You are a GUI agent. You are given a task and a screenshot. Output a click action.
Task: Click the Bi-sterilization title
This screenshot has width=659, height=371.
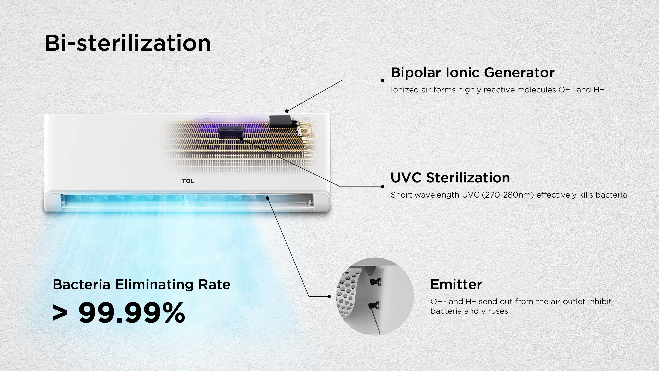click(127, 43)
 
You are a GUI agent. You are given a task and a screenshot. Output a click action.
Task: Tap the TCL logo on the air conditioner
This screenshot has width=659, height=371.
click(188, 181)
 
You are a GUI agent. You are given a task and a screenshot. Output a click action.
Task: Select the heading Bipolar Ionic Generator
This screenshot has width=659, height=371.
click(472, 72)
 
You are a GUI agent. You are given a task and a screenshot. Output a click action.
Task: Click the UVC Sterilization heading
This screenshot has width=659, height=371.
click(450, 178)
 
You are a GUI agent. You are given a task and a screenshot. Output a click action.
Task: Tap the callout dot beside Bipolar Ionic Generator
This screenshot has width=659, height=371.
click(383, 80)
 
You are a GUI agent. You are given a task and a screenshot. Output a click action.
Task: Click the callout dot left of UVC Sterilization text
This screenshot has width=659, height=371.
click(383, 187)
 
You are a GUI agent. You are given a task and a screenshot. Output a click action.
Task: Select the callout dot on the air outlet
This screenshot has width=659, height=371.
click(268, 198)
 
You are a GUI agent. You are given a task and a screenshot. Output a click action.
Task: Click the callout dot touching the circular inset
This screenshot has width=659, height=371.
click(329, 296)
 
